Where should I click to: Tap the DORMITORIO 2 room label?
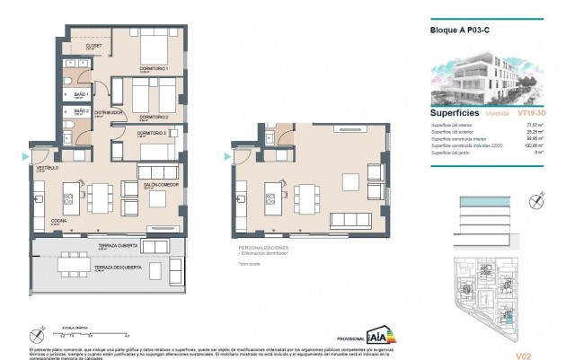click(154, 117)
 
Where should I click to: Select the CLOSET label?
click(93, 46)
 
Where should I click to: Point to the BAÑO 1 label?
click(80, 93)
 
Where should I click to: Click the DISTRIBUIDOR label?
click(107, 112)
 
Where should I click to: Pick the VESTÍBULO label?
click(47, 168)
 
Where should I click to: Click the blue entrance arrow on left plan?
click(23, 157)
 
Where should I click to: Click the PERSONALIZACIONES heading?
click(263, 246)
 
